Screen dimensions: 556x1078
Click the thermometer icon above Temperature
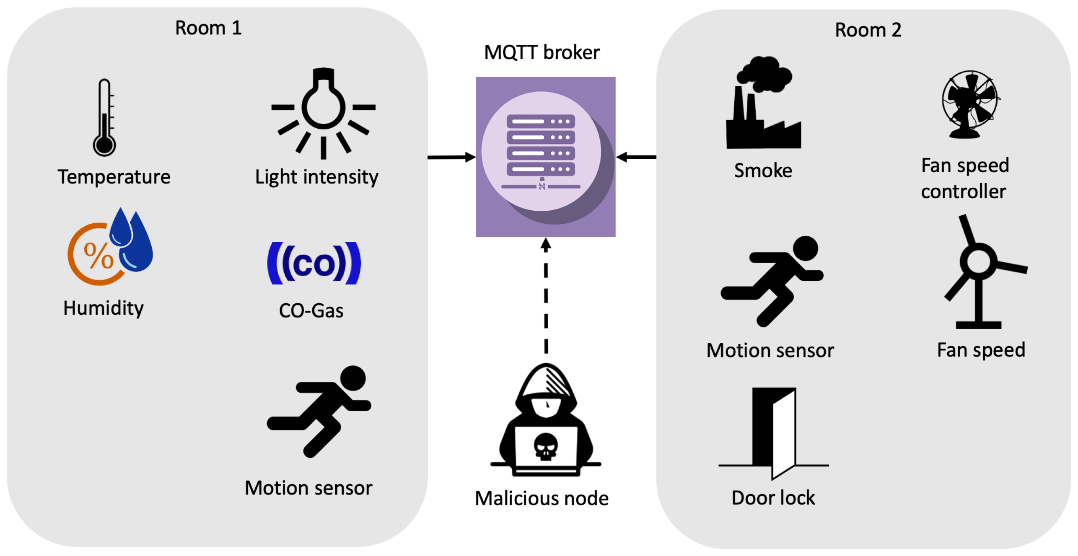pyautogui.click(x=104, y=118)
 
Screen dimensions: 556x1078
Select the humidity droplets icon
pyautogui.click(x=111, y=248)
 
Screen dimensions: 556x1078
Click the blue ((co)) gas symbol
pyautogui.click(x=314, y=263)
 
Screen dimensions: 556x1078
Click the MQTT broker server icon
pyautogui.click(x=545, y=156)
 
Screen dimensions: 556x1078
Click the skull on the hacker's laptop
pyautogui.click(x=545, y=447)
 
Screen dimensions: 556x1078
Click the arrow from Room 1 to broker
pyautogui.click(x=451, y=157)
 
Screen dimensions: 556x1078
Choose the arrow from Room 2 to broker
pyautogui.click(x=636, y=157)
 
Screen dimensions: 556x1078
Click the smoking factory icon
pyautogui.click(x=763, y=105)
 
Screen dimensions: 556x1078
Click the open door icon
pyautogui.click(x=774, y=432)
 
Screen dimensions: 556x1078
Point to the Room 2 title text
pyautogui.click(x=868, y=30)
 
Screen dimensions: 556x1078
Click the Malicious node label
pyautogui.click(x=541, y=498)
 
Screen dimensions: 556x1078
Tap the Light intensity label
pyautogui.click(x=316, y=177)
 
